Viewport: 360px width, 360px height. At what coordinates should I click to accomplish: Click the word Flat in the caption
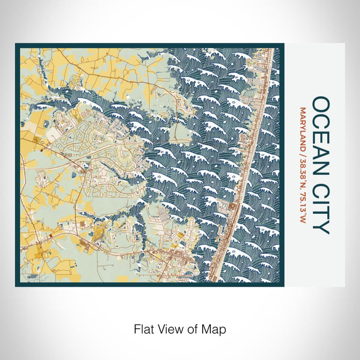coord(143,328)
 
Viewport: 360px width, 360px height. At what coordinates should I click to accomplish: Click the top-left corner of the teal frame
coord(16,44)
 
